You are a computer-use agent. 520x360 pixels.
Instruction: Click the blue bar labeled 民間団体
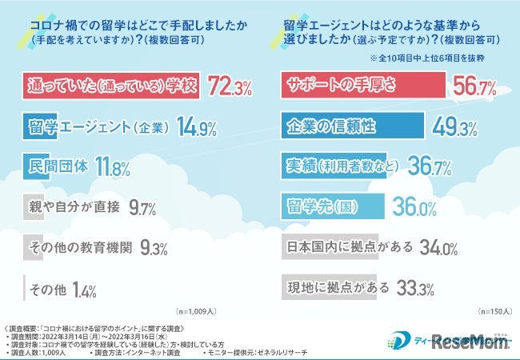tap(57, 167)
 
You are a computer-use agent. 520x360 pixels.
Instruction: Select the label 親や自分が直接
tap(76, 208)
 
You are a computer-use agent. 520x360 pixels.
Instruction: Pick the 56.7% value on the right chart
tap(475, 86)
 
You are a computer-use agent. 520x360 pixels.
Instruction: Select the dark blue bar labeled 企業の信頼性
tap(344, 126)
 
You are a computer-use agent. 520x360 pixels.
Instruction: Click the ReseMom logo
tap(468, 338)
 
